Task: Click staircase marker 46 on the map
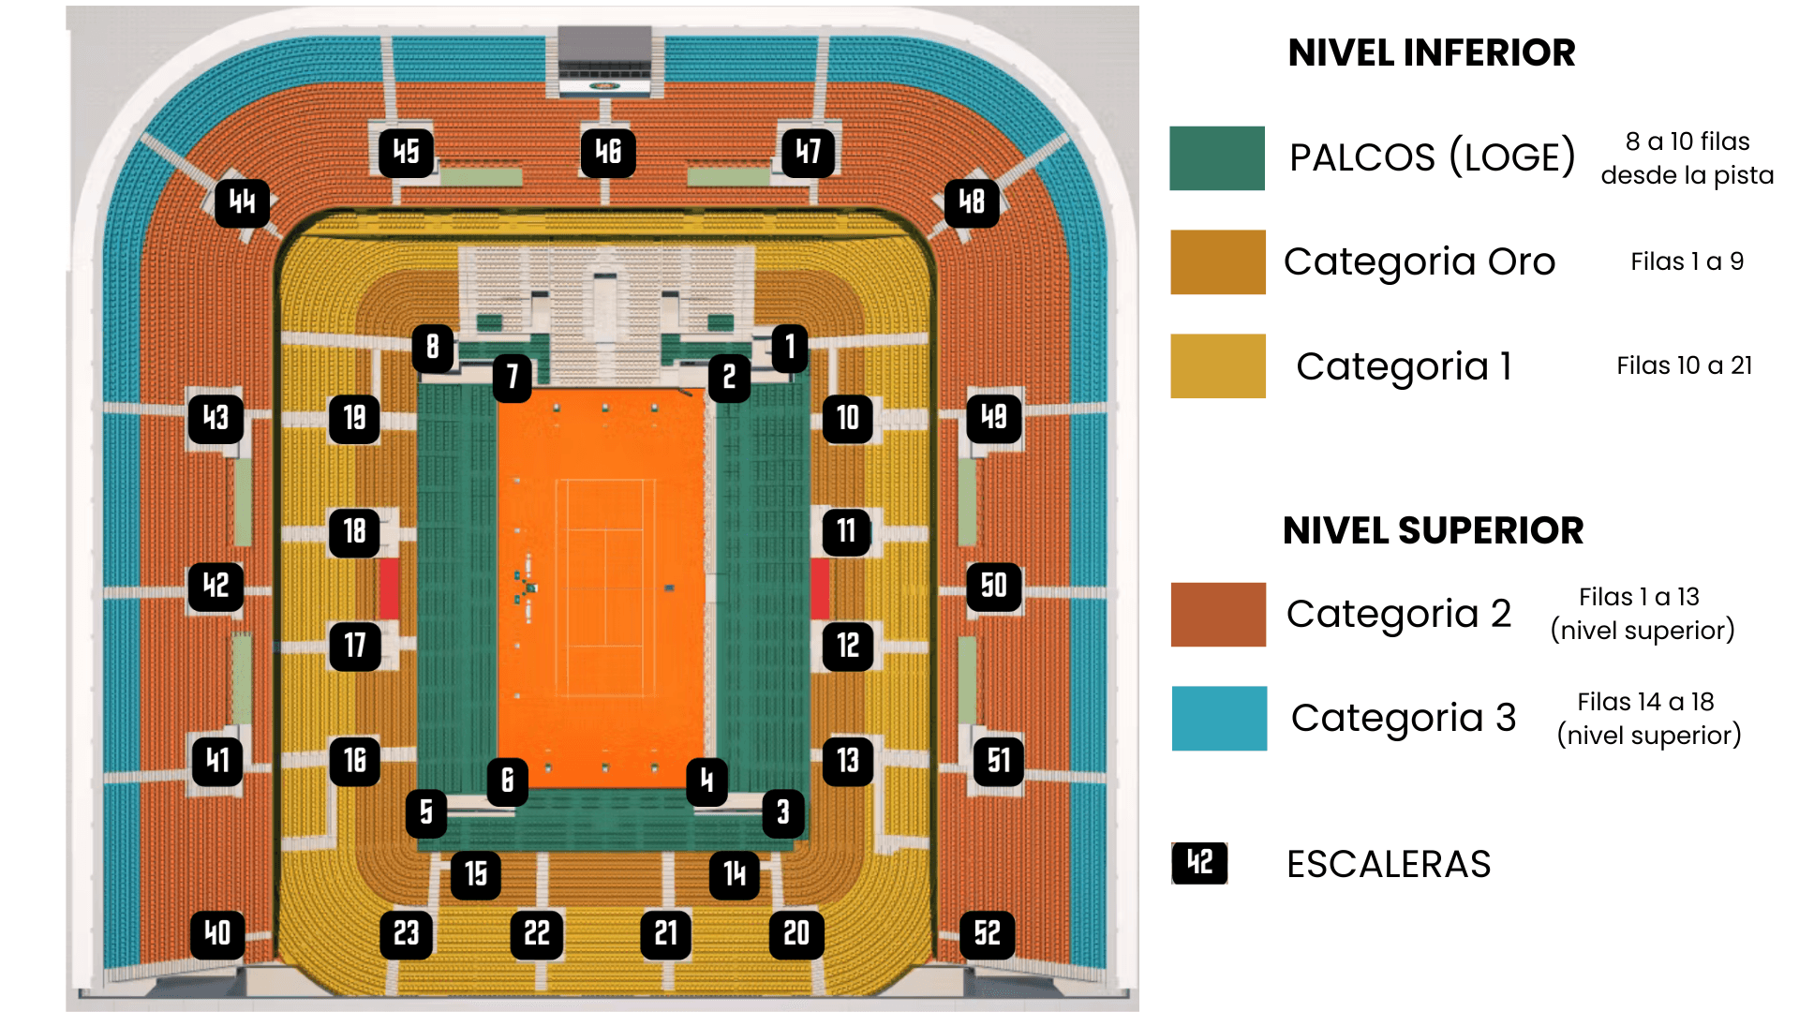pyautogui.click(x=608, y=152)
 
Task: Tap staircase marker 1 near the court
pyautogui.click(x=790, y=348)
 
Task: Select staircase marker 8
pyautogui.click(x=433, y=348)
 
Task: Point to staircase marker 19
pyautogui.click(x=354, y=418)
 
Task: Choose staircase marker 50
pyautogui.click(x=993, y=587)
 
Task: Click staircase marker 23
pyautogui.click(x=406, y=933)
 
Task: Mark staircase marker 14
pyautogui.click(x=735, y=874)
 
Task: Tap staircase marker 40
pyautogui.click(x=217, y=933)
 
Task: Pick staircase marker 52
pyautogui.click(x=988, y=933)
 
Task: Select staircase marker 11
pyautogui.click(x=847, y=531)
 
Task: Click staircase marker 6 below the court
pyautogui.click(x=507, y=781)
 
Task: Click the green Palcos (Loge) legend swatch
pyautogui.click(x=1217, y=158)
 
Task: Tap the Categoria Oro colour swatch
pyautogui.click(x=1217, y=262)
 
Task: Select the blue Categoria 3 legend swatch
pyautogui.click(x=1219, y=719)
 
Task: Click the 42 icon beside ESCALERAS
pyautogui.click(x=1199, y=863)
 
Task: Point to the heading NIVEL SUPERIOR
pyautogui.click(x=1433, y=530)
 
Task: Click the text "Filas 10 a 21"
pyautogui.click(x=1684, y=365)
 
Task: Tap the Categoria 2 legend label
pyautogui.click(x=1398, y=615)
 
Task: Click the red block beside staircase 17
pyautogui.click(x=389, y=588)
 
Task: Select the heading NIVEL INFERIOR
pyautogui.click(x=1431, y=53)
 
